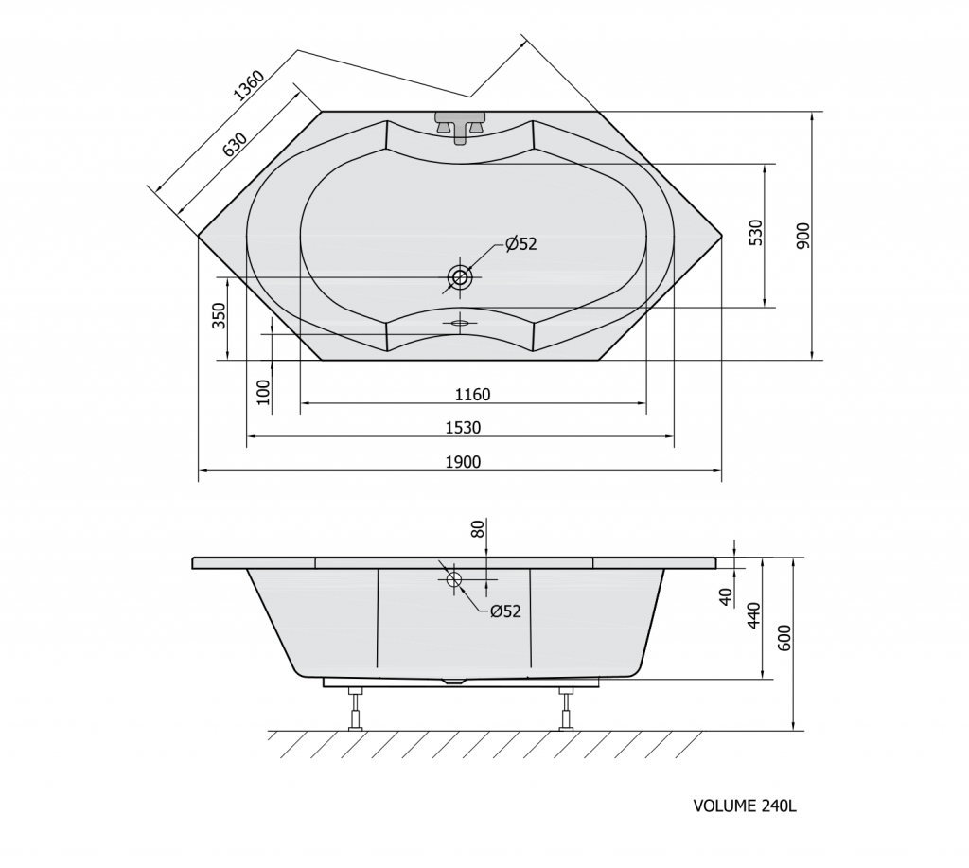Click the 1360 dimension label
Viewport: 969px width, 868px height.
[249, 85]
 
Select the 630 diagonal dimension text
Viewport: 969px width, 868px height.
[235, 144]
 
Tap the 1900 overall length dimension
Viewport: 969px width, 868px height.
[463, 462]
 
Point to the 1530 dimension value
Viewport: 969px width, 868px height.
[463, 428]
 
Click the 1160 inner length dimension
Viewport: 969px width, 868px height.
[472, 395]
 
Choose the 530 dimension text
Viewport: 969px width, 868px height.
[756, 233]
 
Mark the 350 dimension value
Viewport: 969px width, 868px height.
[220, 316]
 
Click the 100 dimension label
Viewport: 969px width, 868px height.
[264, 392]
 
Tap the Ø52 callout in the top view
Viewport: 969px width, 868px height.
[521, 244]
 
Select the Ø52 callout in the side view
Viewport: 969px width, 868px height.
[505, 611]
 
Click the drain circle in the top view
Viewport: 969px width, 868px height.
[460, 277]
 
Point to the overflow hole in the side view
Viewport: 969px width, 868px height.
[454, 579]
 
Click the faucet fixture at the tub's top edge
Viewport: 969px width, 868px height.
[460, 126]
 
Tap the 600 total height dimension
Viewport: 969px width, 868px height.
[784, 638]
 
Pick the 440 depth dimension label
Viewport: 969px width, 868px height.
[754, 615]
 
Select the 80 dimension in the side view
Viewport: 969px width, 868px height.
[478, 529]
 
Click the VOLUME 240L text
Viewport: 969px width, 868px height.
[745, 806]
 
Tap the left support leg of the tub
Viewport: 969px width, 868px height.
[356, 709]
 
